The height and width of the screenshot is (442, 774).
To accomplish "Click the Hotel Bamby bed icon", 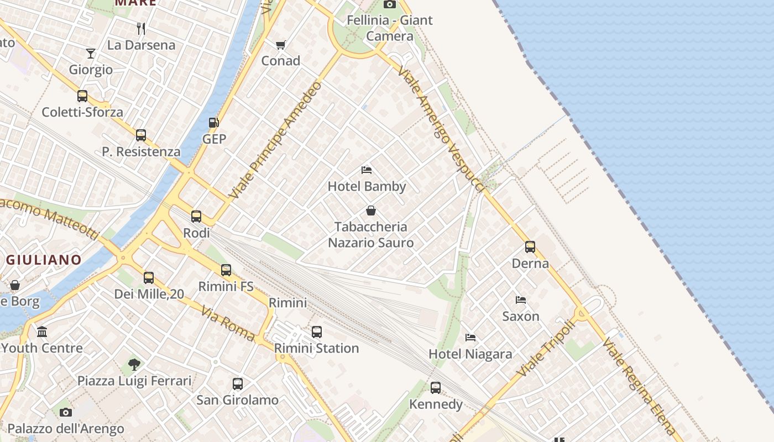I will click(x=367, y=170).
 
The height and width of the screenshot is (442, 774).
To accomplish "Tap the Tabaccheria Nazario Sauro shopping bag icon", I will click(x=371, y=211).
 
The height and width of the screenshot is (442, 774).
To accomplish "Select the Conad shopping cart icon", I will click(x=281, y=45).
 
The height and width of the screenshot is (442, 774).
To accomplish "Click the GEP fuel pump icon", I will click(x=213, y=123).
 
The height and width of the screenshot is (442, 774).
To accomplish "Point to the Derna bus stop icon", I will click(x=530, y=247).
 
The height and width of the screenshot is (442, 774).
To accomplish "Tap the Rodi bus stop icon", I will click(x=196, y=217).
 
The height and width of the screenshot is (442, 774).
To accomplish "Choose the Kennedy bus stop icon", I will click(x=436, y=388).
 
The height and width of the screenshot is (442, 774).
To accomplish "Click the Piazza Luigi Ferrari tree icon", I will click(x=134, y=364).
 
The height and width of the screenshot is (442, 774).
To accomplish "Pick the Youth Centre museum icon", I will click(x=42, y=332).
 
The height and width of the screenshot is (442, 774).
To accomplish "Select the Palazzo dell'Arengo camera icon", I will click(x=66, y=412).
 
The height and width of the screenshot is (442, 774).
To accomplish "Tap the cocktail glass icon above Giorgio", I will click(x=91, y=54).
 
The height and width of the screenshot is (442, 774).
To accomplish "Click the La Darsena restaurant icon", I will click(x=141, y=28).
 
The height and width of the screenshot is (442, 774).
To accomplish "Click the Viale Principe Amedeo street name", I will click(x=275, y=140).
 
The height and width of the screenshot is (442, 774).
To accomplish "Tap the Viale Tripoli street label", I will click(x=546, y=349).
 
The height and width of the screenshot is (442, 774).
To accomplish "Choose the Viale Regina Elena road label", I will click(x=639, y=386).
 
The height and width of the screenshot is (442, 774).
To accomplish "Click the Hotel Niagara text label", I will click(x=470, y=354).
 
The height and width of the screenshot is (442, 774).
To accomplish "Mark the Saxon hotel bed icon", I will click(x=521, y=300).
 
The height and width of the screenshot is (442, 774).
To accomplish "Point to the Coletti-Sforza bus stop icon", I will click(x=82, y=96).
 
